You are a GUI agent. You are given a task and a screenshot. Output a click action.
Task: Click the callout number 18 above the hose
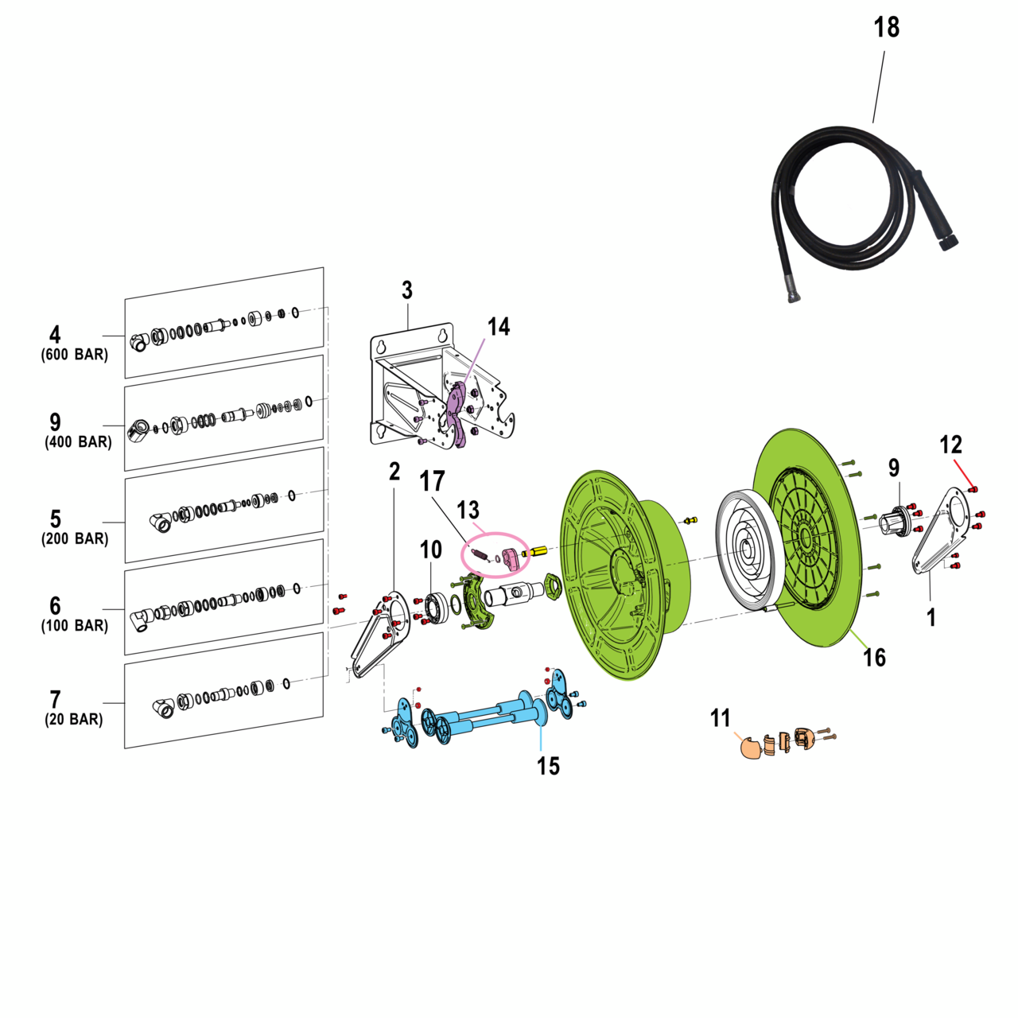click(x=886, y=28)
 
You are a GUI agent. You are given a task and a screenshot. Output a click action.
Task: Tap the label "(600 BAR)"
click(x=75, y=355)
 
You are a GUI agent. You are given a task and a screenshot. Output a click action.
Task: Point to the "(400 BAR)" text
click(x=78, y=442)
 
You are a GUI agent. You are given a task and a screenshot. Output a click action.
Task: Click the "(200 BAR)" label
click(x=75, y=538)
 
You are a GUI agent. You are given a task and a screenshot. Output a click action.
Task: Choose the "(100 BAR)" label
click(x=75, y=626)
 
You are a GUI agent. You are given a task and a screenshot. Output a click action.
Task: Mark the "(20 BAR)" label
click(x=74, y=720)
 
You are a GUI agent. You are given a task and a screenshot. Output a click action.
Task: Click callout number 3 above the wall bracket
click(x=407, y=290)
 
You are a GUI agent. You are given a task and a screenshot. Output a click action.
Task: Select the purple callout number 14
click(x=499, y=327)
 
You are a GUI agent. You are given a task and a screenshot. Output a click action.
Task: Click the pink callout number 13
click(x=468, y=510)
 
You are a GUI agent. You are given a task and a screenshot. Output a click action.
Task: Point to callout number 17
click(x=432, y=481)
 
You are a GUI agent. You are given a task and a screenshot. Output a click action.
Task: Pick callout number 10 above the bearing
click(x=431, y=550)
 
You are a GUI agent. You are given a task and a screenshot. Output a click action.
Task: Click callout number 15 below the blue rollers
click(x=548, y=766)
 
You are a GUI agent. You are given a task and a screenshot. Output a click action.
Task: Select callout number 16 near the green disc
click(x=874, y=658)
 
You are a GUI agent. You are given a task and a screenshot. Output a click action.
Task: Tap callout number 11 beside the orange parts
click(x=720, y=719)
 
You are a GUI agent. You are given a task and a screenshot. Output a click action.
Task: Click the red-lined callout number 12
click(x=950, y=445)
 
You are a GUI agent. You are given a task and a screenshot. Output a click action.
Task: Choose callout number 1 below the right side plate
click(x=931, y=617)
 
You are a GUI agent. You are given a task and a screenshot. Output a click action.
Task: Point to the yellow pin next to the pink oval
click(x=536, y=550)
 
